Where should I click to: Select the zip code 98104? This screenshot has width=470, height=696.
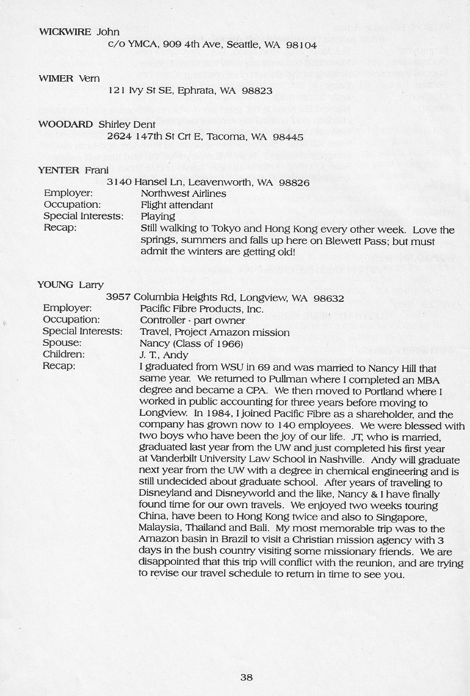click(x=301, y=45)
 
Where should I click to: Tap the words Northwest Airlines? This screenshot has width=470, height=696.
click(x=183, y=193)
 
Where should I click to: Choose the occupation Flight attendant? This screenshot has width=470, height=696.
click(x=176, y=205)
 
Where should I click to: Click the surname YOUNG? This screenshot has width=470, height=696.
click(x=56, y=285)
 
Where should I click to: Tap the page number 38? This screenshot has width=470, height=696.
click(x=247, y=678)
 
